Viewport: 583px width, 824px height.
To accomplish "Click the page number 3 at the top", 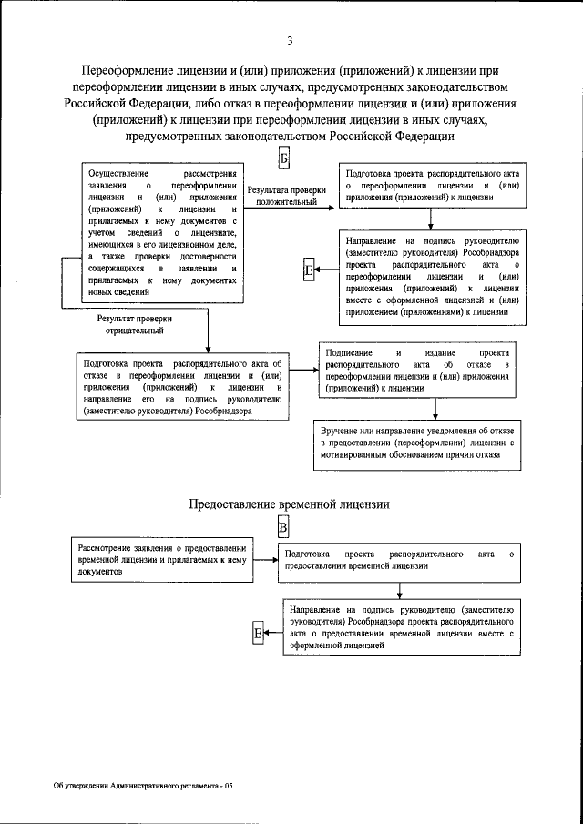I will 290,40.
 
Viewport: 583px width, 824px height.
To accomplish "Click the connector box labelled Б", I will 283,158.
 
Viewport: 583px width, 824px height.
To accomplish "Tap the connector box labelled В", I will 283,528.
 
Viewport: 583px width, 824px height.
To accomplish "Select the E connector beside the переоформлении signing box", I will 309,270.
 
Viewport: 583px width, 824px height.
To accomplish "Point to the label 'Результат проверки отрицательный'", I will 135,325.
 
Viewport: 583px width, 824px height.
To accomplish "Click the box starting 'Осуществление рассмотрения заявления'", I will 163,233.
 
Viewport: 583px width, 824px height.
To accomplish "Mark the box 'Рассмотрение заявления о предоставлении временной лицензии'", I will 162,559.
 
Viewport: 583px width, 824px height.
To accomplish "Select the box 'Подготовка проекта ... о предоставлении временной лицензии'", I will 400,559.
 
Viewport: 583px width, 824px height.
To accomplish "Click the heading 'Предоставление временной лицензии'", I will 290,504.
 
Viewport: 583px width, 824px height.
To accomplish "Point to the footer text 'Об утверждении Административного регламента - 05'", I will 143,785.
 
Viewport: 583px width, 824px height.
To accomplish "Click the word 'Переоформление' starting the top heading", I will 126,71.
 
